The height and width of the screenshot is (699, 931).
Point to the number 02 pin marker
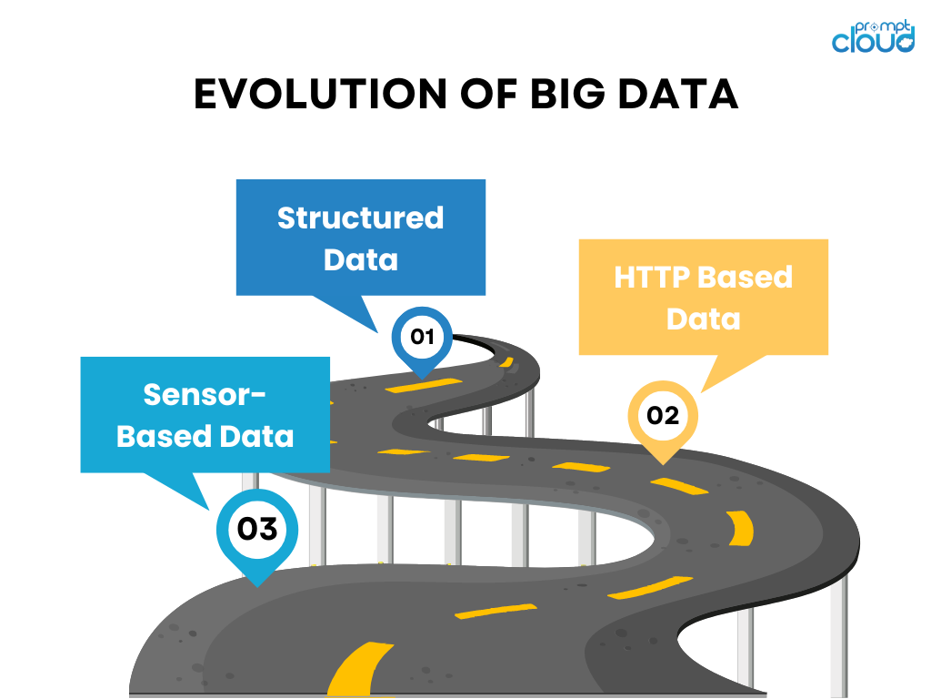click(663, 417)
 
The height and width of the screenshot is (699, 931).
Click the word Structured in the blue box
click(360, 218)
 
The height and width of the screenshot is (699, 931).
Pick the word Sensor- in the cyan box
click(205, 394)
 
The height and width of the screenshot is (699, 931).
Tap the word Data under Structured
click(360, 260)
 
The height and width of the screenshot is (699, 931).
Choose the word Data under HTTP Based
click(703, 319)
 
